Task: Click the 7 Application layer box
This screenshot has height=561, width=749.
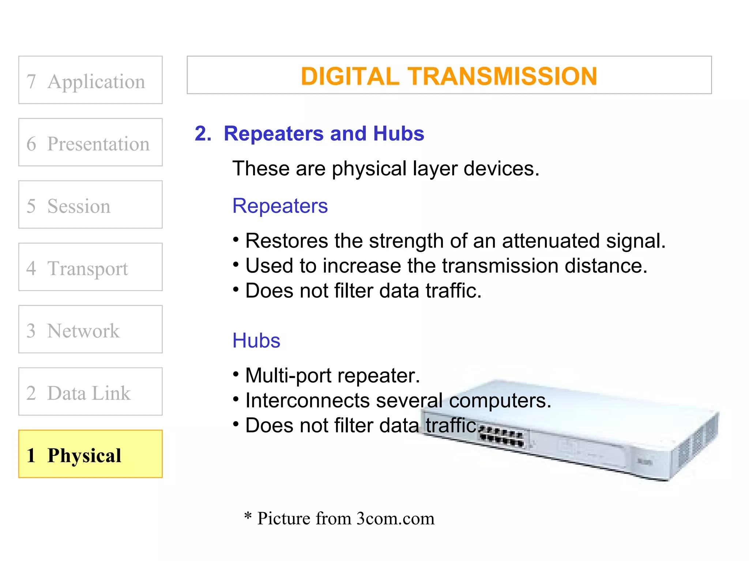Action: (x=90, y=80)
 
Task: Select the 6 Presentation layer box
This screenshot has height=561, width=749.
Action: (x=90, y=142)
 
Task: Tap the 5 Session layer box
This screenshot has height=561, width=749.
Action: (x=90, y=205)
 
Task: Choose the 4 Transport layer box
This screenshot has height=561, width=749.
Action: (x=90, y=267)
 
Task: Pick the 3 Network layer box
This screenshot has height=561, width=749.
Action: (x=90, y=329)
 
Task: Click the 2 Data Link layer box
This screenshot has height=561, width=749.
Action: (x=90, y=392)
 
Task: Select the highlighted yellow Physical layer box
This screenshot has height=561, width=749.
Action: (x=90, y=454)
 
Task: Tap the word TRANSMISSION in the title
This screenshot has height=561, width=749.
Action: (x=503, y=76)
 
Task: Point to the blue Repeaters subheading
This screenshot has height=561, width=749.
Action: (x=280, y=206)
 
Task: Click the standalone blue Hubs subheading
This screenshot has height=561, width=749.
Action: (x=256, y=341)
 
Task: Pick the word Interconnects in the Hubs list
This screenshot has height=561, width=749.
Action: (x=307, y=401)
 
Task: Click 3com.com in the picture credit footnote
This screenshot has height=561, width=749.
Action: (x=395, y=519)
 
